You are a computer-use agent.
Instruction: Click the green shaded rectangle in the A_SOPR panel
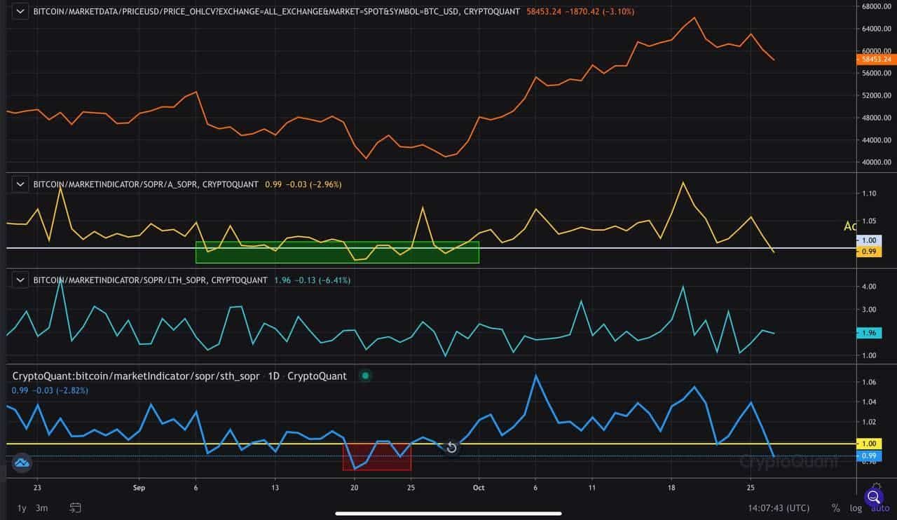tap(337, 252)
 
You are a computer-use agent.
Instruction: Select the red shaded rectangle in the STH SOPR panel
tap(376, 456)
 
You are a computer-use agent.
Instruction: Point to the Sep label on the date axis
tap(139, 488)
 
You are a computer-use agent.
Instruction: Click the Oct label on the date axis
tap(479, 488)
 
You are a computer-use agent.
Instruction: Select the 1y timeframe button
tap(21, 507)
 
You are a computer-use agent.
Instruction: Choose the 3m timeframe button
tap(42, 507)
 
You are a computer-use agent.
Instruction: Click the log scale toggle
tap(855, 507)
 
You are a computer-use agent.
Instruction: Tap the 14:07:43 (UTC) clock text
tap(779, 507)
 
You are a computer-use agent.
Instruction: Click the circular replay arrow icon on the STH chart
tap(451, 448)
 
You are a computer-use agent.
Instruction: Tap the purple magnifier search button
tap(874, 498)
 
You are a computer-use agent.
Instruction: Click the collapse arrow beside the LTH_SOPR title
tap(21, 280)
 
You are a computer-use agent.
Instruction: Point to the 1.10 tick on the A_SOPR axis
tap(869, 193)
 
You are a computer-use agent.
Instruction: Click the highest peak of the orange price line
tap(694, 18)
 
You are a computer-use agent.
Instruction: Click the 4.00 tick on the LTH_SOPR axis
tap(869, 287)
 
